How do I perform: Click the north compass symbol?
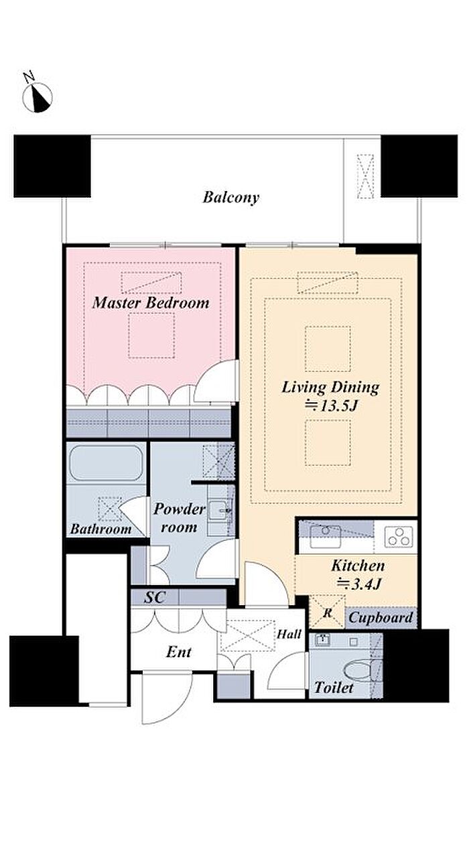pos(37,98)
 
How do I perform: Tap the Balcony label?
pos(231,197)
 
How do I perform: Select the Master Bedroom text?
pos(151,303)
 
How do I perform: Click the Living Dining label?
pos(330,388)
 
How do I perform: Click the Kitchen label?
pos(358,566)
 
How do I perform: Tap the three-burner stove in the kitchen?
pos(399,537)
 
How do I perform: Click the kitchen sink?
pos(325,536)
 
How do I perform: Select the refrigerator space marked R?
pos(327,612)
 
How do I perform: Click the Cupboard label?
pos(381,618)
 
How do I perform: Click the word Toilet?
pos(334,688)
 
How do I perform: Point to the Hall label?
pos(289,634)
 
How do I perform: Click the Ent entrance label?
pos(178,652)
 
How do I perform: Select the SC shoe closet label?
pos(155,597)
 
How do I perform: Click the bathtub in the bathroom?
pos(107,463)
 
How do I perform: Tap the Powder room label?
pos(179,517)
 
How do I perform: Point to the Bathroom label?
pos(100,529)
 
